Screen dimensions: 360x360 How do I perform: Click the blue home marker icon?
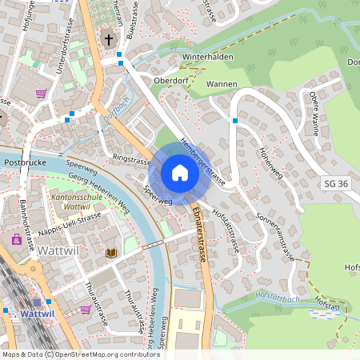(180, 173)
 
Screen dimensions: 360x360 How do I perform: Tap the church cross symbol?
(108, 38)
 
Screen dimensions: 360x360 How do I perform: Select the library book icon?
(110, 253)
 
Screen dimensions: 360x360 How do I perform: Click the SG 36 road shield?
(335, 184)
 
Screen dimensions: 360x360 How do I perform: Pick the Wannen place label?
(222, 83)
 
